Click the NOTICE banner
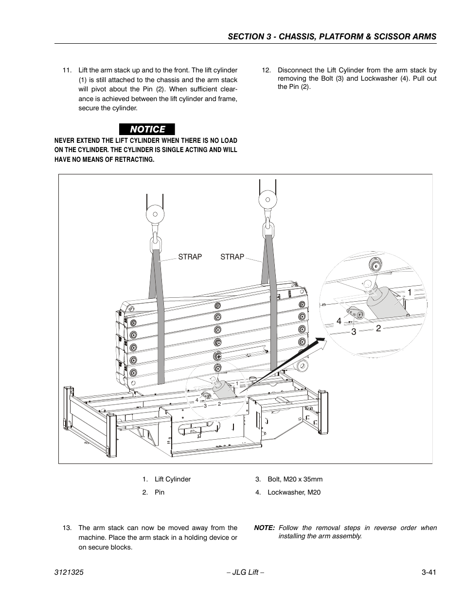coord(147,129)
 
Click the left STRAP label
coord(190,257)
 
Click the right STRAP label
coord(232,257)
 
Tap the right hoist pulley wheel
coord(267,199)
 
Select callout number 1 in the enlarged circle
coord(410,292)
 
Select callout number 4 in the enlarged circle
coord(339,321)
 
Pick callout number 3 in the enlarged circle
coord(354,332)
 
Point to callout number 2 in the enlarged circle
coord(378,328)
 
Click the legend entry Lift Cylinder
coord(172,479)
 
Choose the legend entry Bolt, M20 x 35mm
coord(294,479)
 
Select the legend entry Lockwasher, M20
coord(293,492)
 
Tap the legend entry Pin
coord(159,492)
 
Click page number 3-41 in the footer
coord(428,573)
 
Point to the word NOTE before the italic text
coord(264,528)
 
